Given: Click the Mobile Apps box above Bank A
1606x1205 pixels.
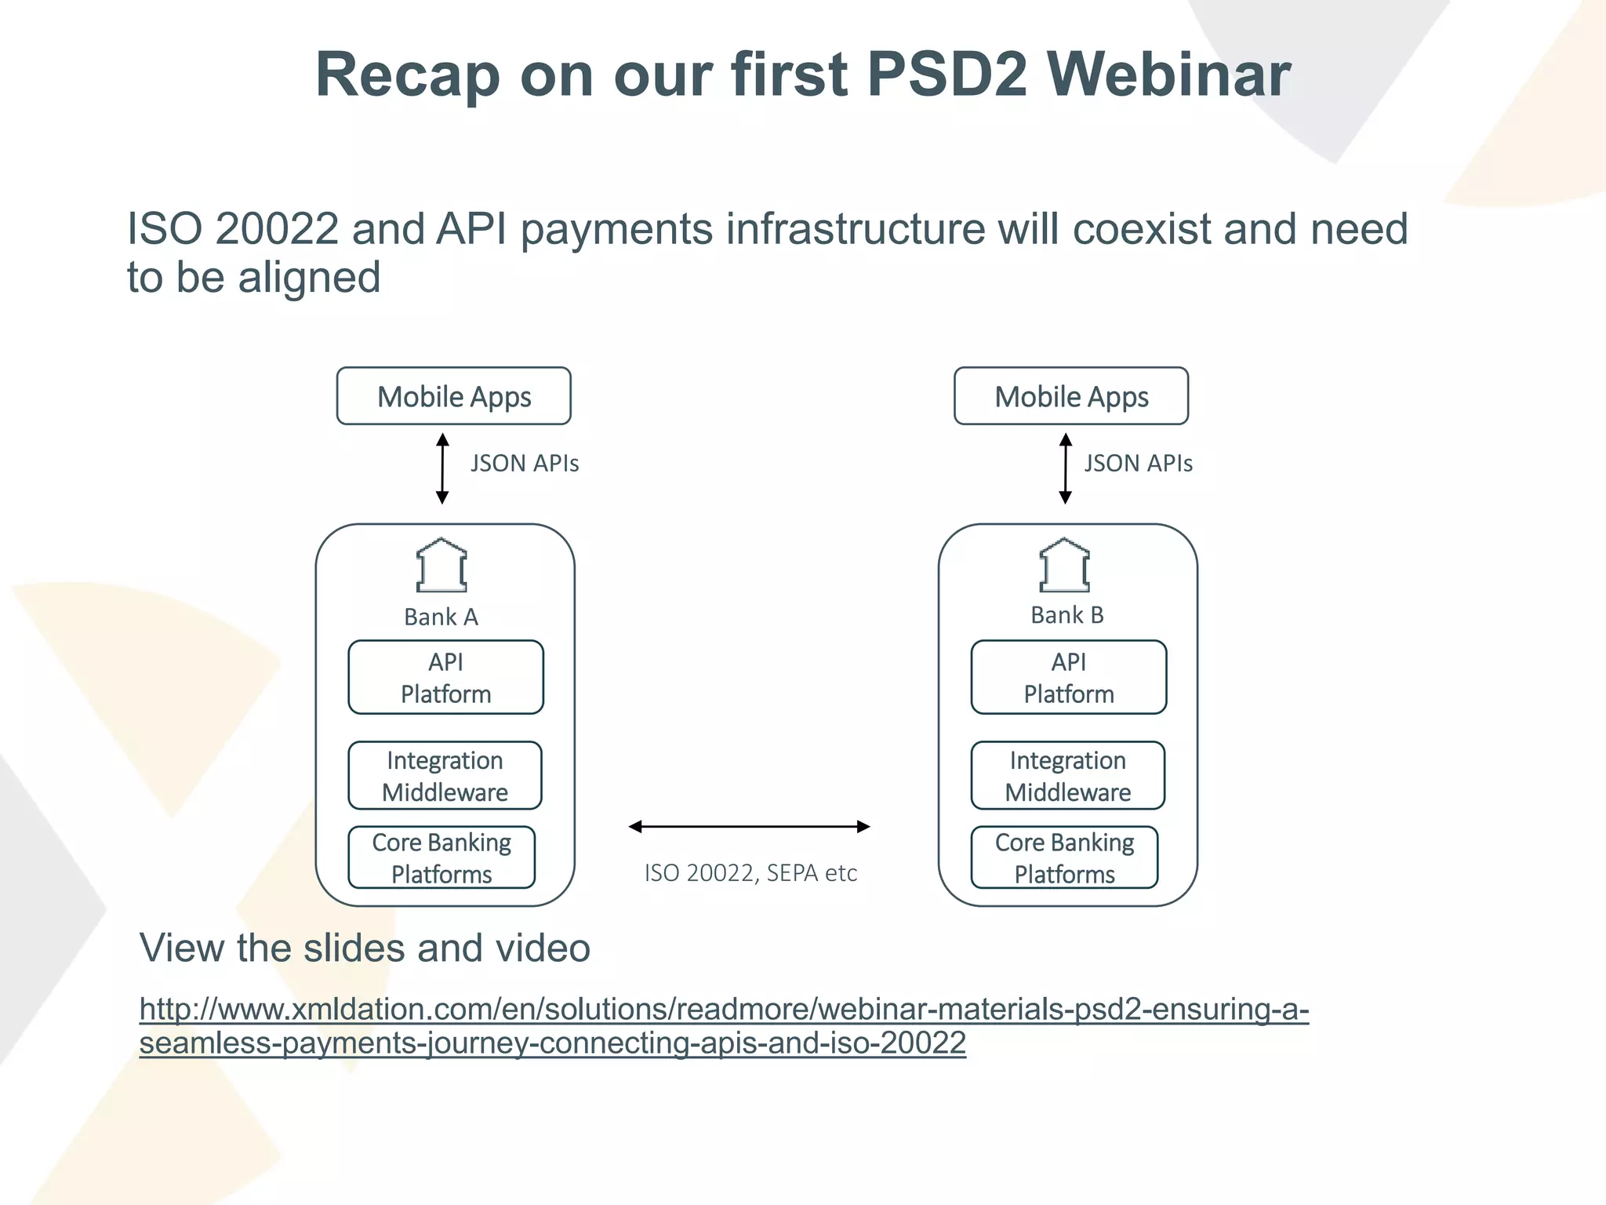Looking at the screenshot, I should click(454, 396).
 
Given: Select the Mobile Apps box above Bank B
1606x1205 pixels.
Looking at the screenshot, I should click(1071, 396).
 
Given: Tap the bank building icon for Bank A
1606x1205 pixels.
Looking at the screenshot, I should click(441, 566).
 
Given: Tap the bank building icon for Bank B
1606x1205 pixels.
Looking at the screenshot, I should click(1064, 566).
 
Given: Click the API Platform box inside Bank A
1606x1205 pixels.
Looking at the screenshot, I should click(445, 678).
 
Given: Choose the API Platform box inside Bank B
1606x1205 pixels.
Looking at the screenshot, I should click(1069, 678).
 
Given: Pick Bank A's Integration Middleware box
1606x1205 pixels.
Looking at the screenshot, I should click(445, 776).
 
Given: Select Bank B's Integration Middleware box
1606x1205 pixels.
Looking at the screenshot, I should click(1068, 776).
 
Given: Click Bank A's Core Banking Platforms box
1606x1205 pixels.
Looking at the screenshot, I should click(441, 857).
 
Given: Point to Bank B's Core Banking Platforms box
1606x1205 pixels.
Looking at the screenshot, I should click(1064, 857).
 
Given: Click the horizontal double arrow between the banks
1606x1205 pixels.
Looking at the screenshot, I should click(750, 826).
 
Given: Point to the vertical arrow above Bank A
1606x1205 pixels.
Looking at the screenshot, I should click(442, 468).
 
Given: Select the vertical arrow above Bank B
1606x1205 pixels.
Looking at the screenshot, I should click(1065, 468).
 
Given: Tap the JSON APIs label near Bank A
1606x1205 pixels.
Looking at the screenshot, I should click(525, 464).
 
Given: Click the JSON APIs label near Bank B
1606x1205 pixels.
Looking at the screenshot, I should click(1138, 464).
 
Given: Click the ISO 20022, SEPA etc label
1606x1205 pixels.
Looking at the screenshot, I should click(750, 873).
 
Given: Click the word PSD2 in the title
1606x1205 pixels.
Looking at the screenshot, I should click(947, 75).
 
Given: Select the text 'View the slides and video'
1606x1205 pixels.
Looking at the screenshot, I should click(365, 948).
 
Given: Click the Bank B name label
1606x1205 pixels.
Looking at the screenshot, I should click(1067, 615).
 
